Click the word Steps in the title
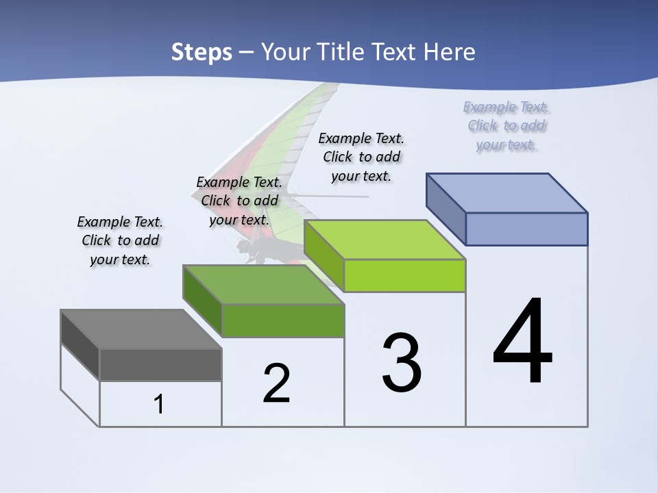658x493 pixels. [201, 52]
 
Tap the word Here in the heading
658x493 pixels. [449, 52]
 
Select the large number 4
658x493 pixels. [522, 342]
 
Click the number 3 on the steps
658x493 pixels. [402, 363]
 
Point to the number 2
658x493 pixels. [276, 383]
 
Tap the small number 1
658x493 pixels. [159, 404]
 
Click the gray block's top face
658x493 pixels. [141, 329]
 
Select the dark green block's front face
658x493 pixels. [283, 320]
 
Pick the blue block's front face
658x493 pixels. [526, 229]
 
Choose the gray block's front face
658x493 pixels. [160, 365]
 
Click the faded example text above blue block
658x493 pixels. [507, 126]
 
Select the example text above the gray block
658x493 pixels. [120, 241]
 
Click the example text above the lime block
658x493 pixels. [361, 157]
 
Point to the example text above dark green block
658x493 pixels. [239, 201]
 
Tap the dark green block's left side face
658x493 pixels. [203, 301]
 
